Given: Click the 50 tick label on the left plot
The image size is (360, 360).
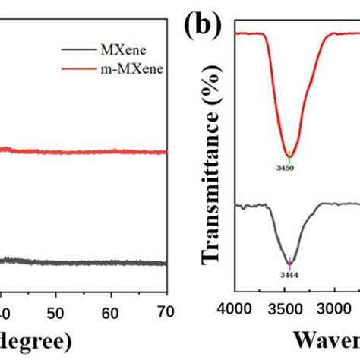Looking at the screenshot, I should click(x=55, y=312).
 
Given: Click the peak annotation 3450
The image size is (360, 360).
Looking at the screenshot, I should click(x=289, y=167).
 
